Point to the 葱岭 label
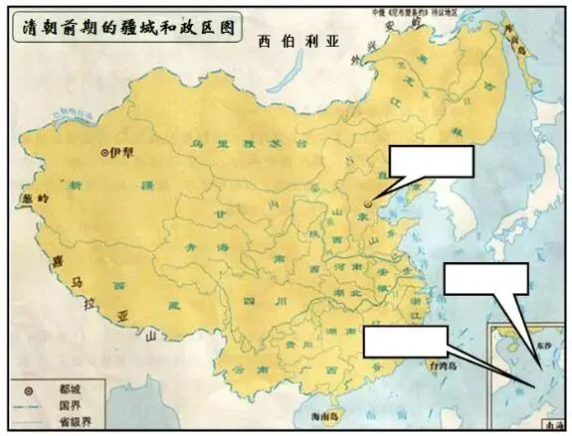30,198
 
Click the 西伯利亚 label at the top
296,42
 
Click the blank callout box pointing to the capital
430,163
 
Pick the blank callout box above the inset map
484,280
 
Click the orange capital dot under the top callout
368,203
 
